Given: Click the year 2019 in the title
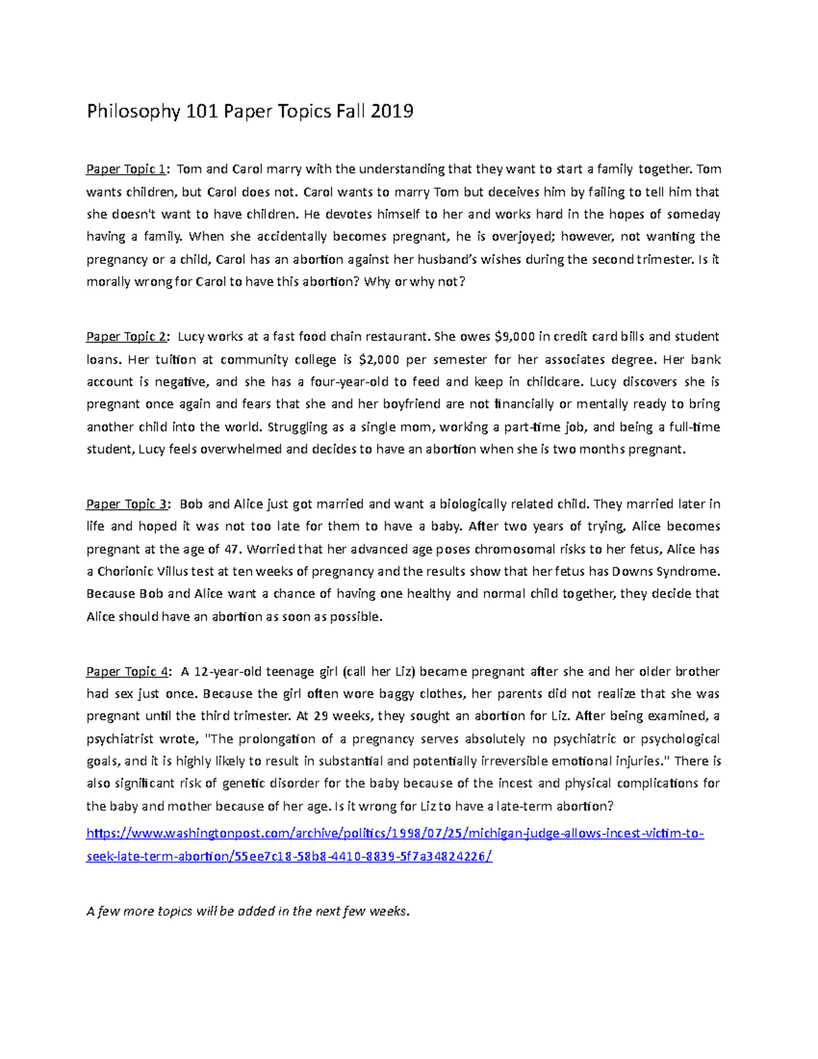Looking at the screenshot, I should point(392,111).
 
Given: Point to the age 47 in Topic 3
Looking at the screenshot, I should point(232,550).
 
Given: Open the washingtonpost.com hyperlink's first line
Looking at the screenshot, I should point(395,834).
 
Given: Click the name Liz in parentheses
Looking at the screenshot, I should point(404,672).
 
